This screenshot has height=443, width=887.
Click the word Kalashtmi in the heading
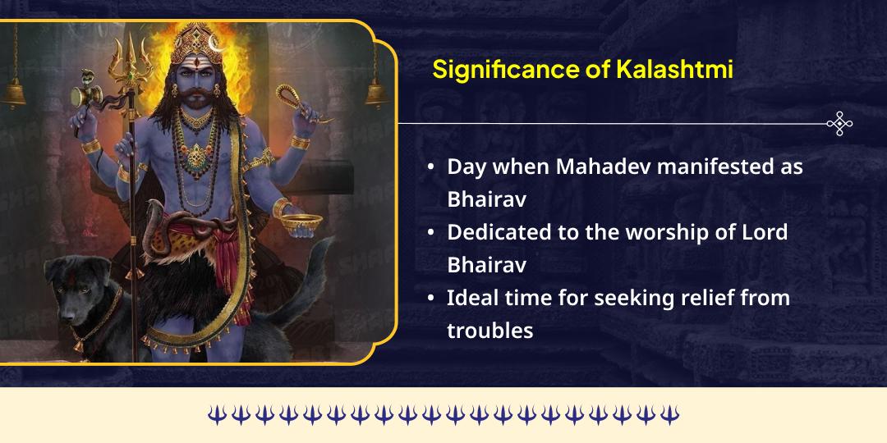click(x=673, y=70)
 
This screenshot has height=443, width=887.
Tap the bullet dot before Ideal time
click(x=431, y=299)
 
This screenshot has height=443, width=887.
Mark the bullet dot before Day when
click(x=431, y=167)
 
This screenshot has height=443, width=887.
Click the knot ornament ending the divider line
click(x=839, y=124)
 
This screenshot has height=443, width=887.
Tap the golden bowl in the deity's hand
click(x=297, y=219)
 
